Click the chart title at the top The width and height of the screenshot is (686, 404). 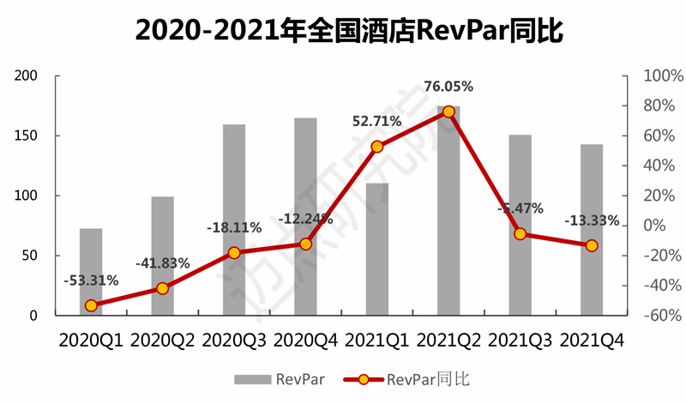[x=343, y=32]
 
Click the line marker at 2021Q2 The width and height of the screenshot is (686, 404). [x=448, y=112]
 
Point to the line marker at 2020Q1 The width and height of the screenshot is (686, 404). [x=91, y=305]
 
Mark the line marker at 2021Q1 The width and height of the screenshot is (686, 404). [x=376, y=147]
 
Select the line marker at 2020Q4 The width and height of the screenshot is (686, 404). [x=305, y=244]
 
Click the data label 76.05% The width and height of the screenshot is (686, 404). [x=448, y=86]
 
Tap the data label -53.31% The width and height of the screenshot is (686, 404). [x=91, y=280]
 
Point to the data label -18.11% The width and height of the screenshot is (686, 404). [x=234, y=228]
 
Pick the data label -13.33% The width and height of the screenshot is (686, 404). [x=592, y=221]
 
